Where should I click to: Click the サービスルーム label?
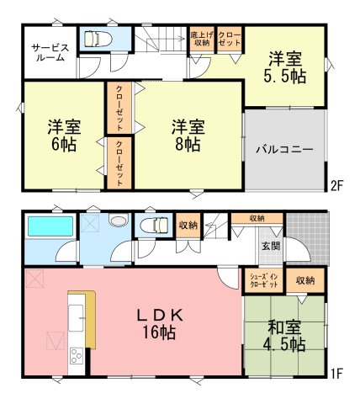tap(50, 52)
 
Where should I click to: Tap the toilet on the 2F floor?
tap(98, 40)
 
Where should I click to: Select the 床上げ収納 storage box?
tap(201, 40)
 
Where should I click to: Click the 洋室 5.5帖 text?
tap(284, 67)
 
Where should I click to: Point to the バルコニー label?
tap(284, 149)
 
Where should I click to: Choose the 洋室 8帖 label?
tap(188, 136)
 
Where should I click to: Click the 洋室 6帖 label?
tap(64, 136)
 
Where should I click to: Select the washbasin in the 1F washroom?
tap(119, 220)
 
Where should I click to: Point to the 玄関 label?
tap(271, 246)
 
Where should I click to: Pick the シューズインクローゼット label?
tap(263, 280)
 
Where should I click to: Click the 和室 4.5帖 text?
tap(284, 336)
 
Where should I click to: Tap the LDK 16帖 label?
tap(160, 324)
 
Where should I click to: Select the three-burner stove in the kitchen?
tap(77, 356)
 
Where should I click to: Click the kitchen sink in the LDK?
tap(77, 318)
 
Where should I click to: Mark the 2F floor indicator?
tap(336, 186)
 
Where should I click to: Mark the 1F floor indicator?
tap(336, 373)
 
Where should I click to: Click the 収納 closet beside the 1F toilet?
tap(188, 226)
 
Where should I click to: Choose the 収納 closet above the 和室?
tap(305, 280)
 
